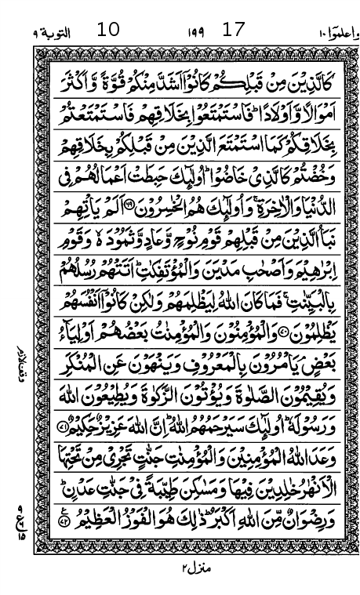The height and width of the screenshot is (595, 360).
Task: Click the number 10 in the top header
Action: [107, 31]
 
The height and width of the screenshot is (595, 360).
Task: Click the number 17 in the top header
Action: [234, 31]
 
